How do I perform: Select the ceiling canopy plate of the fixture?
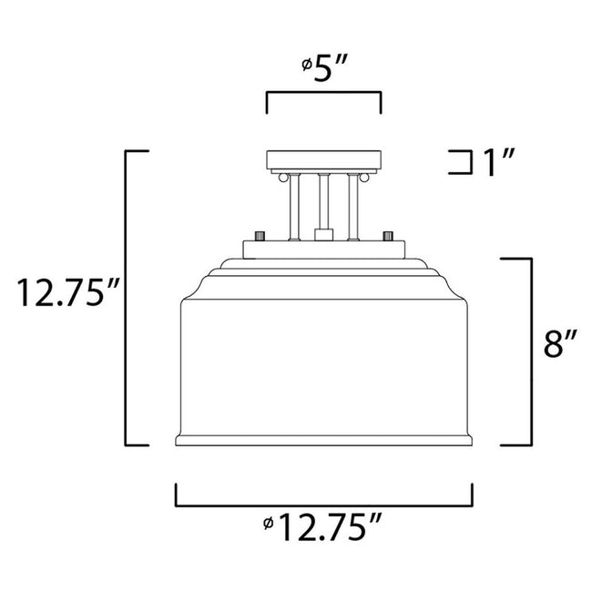323,160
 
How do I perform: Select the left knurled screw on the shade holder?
260,235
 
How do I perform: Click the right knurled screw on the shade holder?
387,235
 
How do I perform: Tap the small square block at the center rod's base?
323,235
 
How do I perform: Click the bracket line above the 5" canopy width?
323,94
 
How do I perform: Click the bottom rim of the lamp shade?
323,442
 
